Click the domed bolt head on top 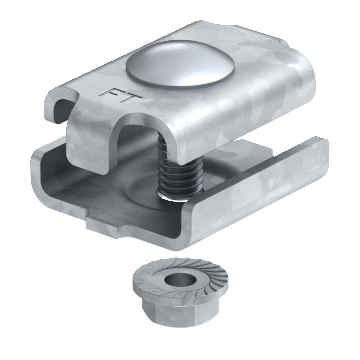180,63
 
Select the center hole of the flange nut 180,280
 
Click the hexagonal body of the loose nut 180,312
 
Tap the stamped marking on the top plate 120,96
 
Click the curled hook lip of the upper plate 61,103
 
